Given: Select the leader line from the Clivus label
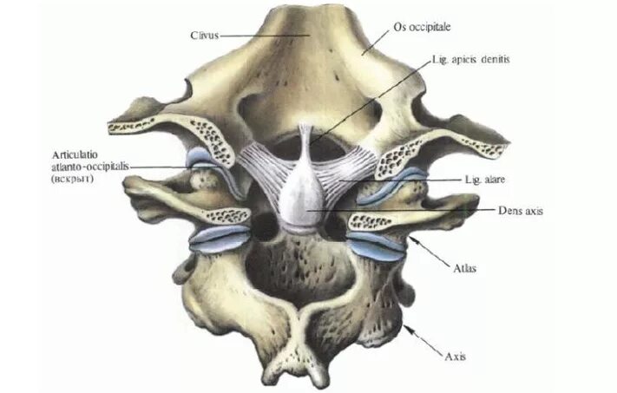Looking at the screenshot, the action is pyautogui.click(x=260, y=36).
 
